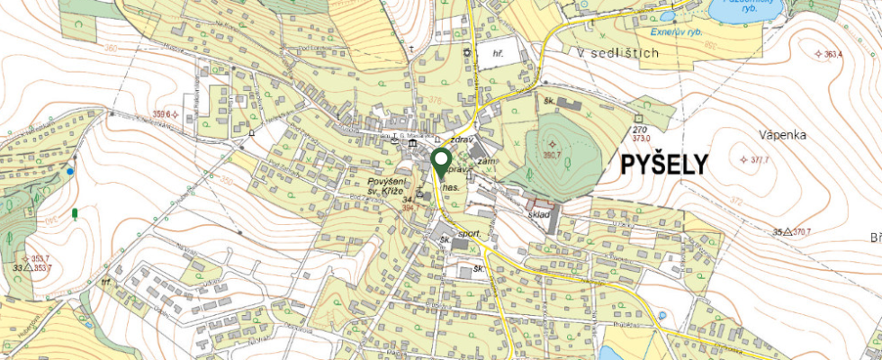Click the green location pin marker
point(441,162)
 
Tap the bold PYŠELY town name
point(663,165)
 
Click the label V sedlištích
point(618,54)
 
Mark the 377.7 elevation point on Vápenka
point(758,160)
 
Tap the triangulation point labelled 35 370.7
point(792,232)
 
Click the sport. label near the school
point(472,233)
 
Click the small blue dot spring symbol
point(70,169)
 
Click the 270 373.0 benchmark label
point(641,135)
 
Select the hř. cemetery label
point(498,54)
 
